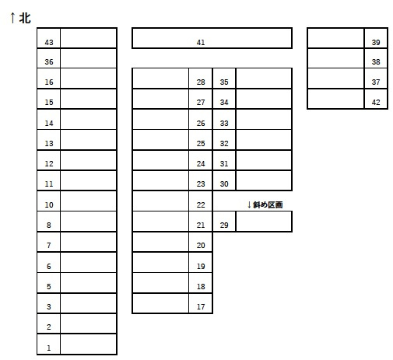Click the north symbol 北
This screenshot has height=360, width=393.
pyautogui.click(x=25, y=18)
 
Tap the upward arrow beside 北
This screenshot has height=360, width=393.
pyautogui.click(x=12, y=18)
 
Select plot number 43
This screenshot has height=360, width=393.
pyautogui.click(x=49, y=42)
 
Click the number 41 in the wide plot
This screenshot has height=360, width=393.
pyautogui.click(x=201, y=42)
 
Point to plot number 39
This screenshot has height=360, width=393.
pyautogui.click(x=376, y=42)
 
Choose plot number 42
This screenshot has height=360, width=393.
pyautogui.click(x=376, y=102)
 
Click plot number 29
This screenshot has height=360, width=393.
pyautogui.click(x=224, y=225)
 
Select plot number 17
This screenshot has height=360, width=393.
pyautogui.click(x=201, y=306)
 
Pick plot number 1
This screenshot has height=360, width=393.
pyautogui.click(x=49, y=348)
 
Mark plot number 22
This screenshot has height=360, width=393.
pyautogui.click(x=201, y=204)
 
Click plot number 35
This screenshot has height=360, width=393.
pyautogui.click(x=224, y=82)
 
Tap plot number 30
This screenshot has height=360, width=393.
pyautogui.click(x=224, y=183)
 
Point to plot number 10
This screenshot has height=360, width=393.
pyautogui.click(x=49, y=204)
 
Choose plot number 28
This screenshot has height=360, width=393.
pyautogui.click(x=201, y=82)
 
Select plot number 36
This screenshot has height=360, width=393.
pyautogui.click(x=49, y=61)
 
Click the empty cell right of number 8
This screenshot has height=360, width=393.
pyautogui.click(x=88, y=222)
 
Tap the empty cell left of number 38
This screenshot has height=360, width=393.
pyautogui.click(x=335, y=58)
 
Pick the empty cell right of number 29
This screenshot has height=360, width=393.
pyautogui.click(x=264, y=222)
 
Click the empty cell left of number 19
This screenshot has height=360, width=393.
pyautogui.click(x=160, y=262)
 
